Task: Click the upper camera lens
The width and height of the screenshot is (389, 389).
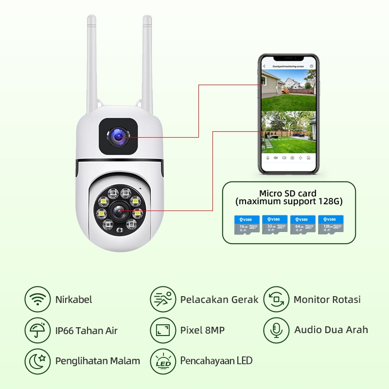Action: [x=118, y=138]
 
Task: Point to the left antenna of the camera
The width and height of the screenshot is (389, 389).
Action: [x=91, y=63]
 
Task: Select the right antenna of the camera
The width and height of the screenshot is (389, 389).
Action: [x=147, y=63]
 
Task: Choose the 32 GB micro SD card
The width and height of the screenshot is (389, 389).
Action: [x=274, y=225]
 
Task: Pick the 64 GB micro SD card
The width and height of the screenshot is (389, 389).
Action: [x=302, y=225]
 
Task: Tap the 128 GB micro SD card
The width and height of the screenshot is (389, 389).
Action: [x=330, y=225]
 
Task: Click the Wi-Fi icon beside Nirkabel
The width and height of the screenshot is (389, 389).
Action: [x=37, y=300]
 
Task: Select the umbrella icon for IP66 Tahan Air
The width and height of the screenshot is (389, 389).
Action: [x=37, y=331]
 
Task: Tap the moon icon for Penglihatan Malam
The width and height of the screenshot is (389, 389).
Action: [x=37, y=361]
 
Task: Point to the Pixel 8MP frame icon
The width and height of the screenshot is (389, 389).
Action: [x=163, y=331]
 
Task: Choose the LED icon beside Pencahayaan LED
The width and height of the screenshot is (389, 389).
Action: [x=163, y=361]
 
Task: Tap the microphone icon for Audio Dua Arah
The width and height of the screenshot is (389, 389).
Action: [x=276, y=331]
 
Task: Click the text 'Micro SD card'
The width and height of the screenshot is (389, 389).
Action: [x=287, y=193]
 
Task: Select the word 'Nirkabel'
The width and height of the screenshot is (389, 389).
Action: [x=73, y=300]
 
